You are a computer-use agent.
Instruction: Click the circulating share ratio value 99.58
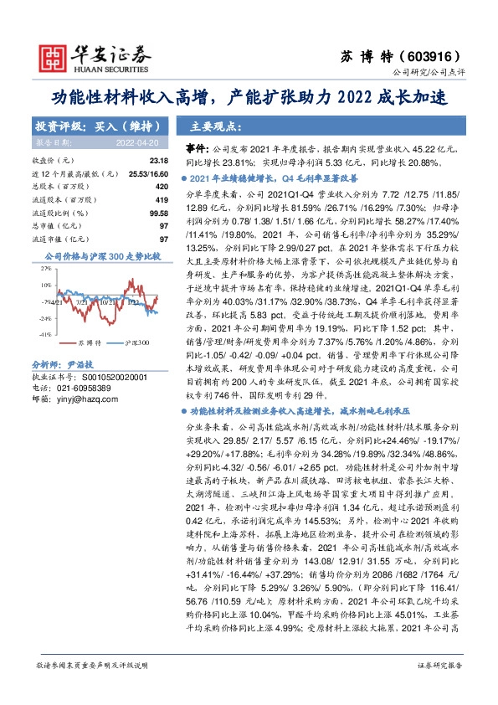[159, 213]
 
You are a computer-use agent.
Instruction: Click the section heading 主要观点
[210, 127]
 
